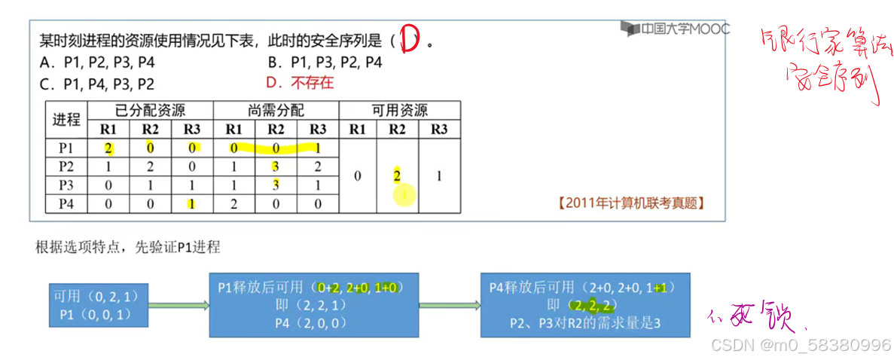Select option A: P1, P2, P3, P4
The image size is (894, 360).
98,63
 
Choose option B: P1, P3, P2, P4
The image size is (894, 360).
325,63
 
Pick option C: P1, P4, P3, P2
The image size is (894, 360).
98,84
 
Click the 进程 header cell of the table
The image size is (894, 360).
66,119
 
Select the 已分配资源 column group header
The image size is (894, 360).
150,110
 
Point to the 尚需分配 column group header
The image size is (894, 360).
276,110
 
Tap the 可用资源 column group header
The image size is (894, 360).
399,110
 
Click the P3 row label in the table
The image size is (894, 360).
66,185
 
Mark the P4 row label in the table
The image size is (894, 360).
66,203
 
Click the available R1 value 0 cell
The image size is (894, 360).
358,175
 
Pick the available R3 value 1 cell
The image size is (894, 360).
439,175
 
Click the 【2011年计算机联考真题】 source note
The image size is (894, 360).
631,203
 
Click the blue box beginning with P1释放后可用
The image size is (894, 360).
313,305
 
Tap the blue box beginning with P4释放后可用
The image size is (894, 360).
585,305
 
